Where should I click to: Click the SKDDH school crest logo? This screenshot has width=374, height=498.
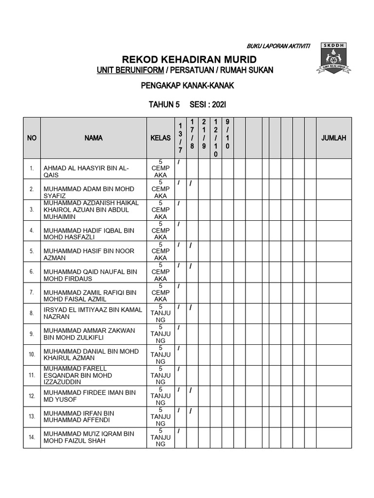334,58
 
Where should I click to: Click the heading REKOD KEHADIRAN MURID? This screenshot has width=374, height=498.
189,60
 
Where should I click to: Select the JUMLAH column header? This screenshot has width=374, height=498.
334,138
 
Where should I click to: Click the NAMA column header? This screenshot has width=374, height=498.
93,138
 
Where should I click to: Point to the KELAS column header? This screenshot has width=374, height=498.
161,138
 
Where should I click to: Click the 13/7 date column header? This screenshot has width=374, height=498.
180,138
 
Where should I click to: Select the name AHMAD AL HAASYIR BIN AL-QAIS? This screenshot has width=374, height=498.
86,172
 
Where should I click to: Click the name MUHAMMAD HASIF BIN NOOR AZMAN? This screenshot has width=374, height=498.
89,254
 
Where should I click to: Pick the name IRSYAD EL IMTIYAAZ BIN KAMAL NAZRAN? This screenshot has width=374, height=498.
93,313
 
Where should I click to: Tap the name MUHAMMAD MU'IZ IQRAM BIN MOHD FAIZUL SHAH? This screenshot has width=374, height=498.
89,437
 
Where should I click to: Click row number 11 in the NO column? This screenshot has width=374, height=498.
32,375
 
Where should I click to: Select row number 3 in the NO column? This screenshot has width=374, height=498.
32,210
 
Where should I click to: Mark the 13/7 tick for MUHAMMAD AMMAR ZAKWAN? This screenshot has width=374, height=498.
179,328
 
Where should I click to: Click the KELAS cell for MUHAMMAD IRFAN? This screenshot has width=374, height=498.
161,417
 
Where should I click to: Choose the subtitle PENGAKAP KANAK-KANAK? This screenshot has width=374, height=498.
187,86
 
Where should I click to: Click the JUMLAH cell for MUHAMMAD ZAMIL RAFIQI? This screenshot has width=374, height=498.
334,293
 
